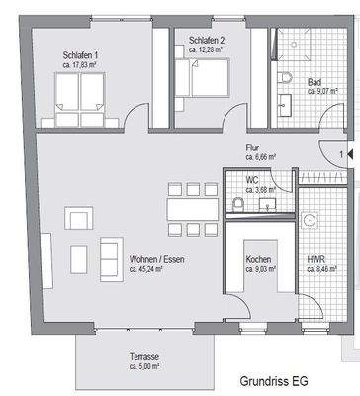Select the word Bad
(315, 82)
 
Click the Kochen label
(258, 260)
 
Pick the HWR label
(316, 258)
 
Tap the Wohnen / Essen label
(156, 260)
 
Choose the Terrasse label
(143, 357)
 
